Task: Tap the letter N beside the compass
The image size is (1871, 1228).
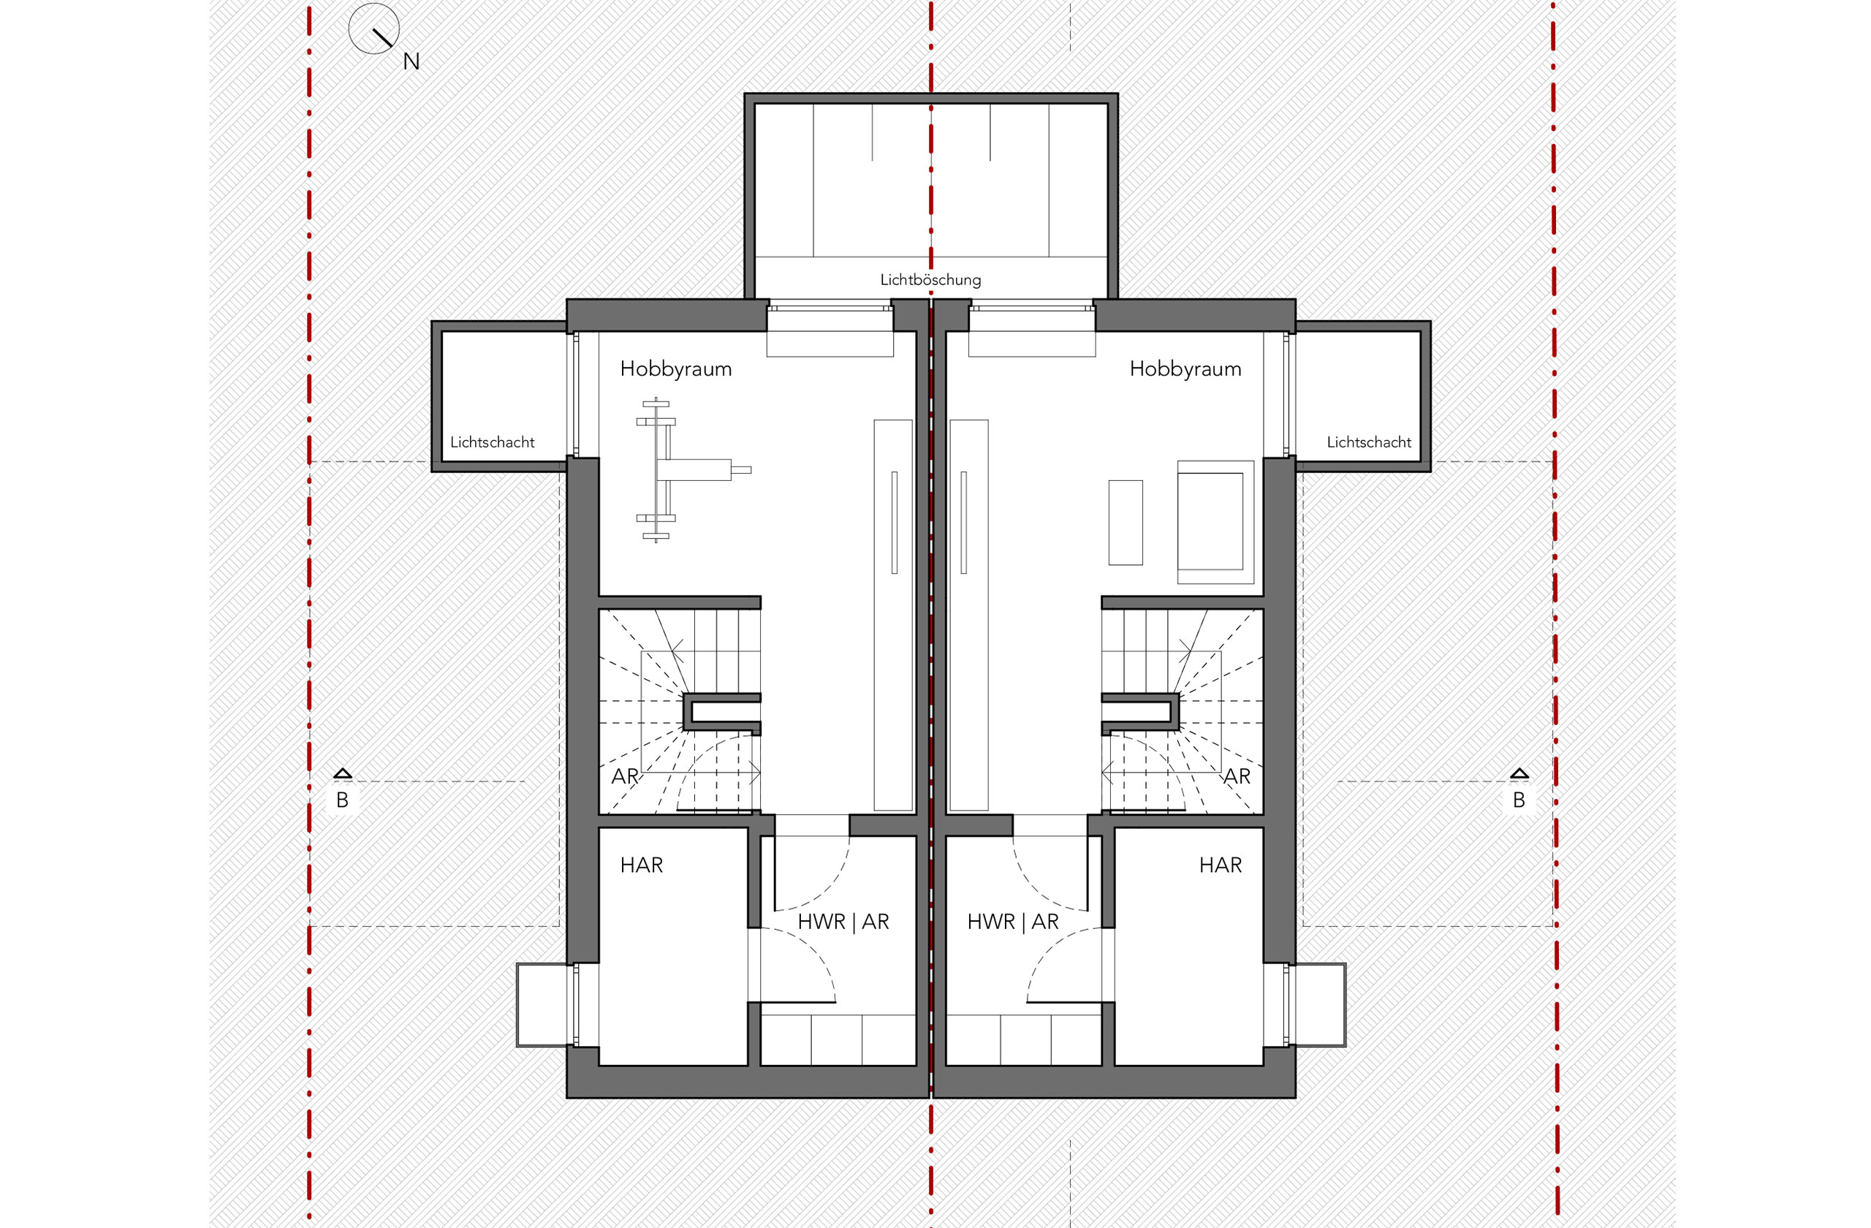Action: coord(411,61)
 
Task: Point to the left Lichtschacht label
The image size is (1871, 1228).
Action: coord(492,443)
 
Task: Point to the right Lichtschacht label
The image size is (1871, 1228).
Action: coord(1369,443)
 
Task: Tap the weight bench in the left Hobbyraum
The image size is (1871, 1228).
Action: coord(692,470)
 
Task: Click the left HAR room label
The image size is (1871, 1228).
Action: coord(641,865)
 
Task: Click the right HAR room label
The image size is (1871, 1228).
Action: coord(1220,865)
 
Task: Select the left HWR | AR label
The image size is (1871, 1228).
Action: coord(843,922)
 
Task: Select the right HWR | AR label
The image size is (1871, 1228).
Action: coord(1012,922)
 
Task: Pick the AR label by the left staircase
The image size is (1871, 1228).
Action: coord(625,777)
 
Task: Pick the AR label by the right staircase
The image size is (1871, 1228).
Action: coord(1237,777)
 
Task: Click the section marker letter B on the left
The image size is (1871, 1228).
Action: coord(342,800)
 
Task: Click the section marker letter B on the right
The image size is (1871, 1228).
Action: coord(1519,800)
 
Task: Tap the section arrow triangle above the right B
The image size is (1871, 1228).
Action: coord(1519,773)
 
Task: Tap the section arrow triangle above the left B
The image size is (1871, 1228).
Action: coord(342,773)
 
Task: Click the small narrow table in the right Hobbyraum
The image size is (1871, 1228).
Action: coord(1125,523)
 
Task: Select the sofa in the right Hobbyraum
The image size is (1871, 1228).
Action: coord(1215,522)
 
